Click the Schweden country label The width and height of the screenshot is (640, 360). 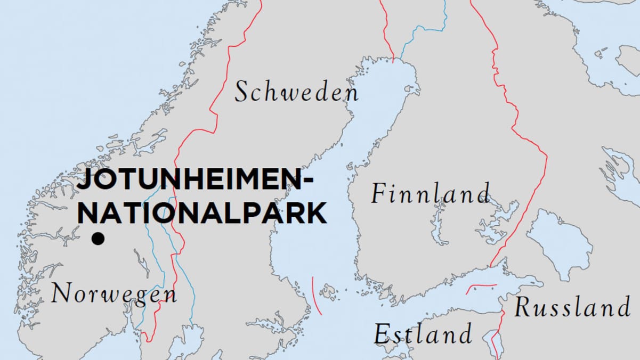[x=297, y=92]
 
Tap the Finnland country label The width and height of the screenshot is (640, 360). [x=430, y=193]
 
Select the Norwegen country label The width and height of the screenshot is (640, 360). [x=114, y=294]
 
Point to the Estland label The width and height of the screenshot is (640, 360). [x=423, y=334]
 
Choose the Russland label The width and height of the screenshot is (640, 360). [x=572, y=308]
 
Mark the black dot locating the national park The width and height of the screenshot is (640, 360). [x=98, y=239]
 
